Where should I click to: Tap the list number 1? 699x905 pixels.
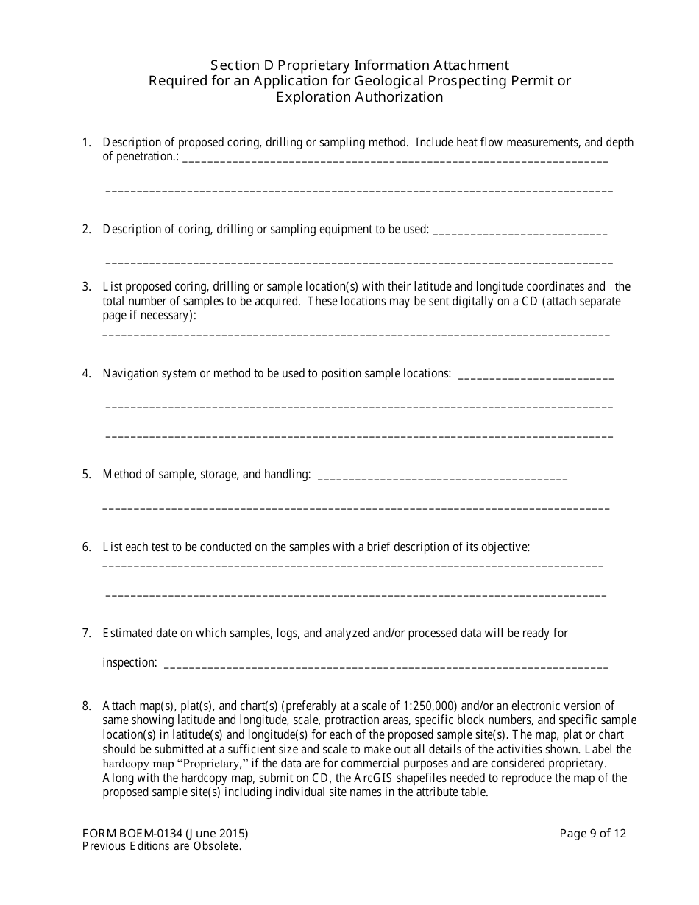[x=86, y=142]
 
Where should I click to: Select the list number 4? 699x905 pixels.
[x=86, y=373]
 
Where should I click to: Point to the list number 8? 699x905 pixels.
[x=86, y=706]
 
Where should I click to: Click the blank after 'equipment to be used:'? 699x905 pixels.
[x=520, y=230]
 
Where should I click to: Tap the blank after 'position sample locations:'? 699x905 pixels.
[x=535, y=375]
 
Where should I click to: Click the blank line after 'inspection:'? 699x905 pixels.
[x=386, y=664]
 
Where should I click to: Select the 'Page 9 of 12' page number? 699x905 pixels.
[x=593, y=834]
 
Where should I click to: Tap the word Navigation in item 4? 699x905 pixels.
[x=129, y=373]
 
